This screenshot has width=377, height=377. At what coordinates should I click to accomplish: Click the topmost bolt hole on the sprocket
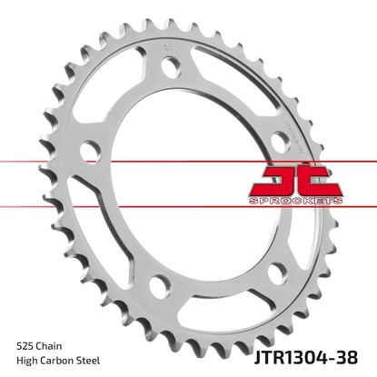(x=168, y=64)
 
